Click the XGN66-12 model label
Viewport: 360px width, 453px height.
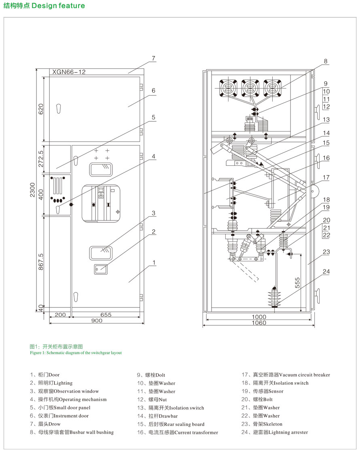pos(69,72)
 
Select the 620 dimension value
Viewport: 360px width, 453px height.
pos(41,108)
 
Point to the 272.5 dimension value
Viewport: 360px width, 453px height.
pos(41,159)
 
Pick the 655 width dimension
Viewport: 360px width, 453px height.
pos(106,315)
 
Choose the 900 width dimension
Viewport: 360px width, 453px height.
pos(96,321)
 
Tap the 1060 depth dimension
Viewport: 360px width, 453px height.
pos(259,323)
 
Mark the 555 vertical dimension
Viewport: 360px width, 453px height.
pos(297,282)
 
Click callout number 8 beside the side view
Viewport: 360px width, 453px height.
pos(325,61)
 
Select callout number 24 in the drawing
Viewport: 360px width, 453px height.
pos(326,271)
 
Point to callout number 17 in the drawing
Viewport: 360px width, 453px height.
pos(326,177)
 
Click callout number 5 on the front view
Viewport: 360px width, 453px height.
pos(153,117)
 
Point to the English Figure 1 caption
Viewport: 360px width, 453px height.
pos(76,353)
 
